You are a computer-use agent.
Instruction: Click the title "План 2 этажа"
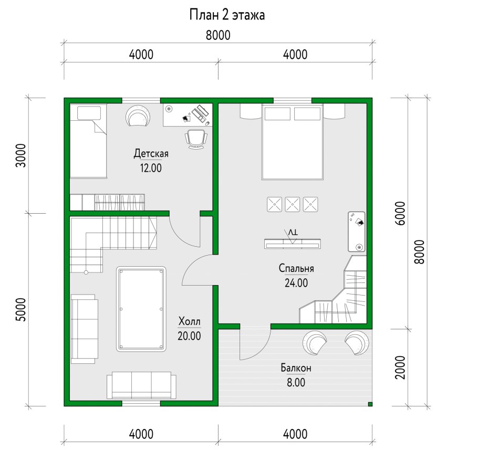(x=227, y=15)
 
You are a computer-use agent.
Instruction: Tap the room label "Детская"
(x=151, y=153)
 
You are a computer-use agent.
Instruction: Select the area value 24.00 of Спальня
(x=296, y=283)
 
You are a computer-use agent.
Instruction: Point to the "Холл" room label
(x=189, y=321)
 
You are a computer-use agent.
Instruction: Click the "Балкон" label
(x=296, y=368)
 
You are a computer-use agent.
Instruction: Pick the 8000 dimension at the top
(x=218, y=35)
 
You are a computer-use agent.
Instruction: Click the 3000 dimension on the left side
(x=21, y=155)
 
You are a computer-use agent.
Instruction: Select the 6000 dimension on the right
(x=400, y=213)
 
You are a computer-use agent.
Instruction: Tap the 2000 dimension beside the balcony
(x=400, y=368)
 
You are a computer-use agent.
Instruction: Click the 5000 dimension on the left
(x=21, y=309)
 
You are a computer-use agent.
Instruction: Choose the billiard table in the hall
(x=141, y=309)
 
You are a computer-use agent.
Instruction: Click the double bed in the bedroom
(x=293, y=142)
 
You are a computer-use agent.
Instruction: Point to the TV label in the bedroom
(x=293, y=233)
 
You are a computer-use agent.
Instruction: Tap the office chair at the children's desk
(x=196, y=139)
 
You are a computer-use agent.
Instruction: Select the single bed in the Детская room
(x=88, y=141)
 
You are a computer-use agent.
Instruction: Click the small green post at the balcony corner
(x=370, y=404)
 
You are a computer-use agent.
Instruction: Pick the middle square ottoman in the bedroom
(x=293, y=204)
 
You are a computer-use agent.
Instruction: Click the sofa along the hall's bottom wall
(x=141, y=385)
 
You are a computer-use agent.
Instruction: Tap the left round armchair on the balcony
(x=315, y=342)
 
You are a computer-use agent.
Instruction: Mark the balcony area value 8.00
(x=296, y=382)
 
